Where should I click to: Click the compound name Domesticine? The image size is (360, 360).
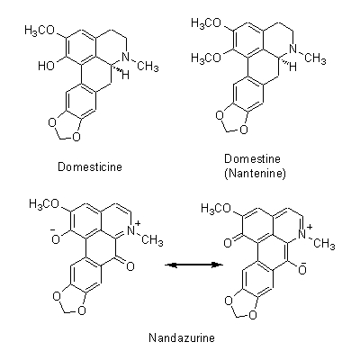90,166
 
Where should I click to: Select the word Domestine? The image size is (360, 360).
252,158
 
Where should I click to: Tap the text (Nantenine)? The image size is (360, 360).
255,174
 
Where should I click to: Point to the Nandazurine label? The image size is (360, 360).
182,338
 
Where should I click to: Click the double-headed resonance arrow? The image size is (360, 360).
194,265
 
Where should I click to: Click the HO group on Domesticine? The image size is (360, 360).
47,66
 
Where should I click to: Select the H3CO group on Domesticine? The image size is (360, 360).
40,31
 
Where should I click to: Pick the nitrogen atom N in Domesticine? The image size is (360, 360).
130,58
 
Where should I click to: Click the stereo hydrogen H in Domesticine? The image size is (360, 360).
126,75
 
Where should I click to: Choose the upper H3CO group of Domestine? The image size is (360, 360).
207,24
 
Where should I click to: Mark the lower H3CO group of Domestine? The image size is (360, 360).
207,58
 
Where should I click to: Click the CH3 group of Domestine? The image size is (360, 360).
315,58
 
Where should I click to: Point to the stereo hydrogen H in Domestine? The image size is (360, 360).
293,67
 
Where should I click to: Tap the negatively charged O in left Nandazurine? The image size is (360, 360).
56,238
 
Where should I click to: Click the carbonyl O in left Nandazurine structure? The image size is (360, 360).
130,266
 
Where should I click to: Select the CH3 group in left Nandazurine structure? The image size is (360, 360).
152,240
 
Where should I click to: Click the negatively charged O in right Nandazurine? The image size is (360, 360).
302,269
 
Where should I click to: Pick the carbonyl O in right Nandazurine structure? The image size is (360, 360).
228,243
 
